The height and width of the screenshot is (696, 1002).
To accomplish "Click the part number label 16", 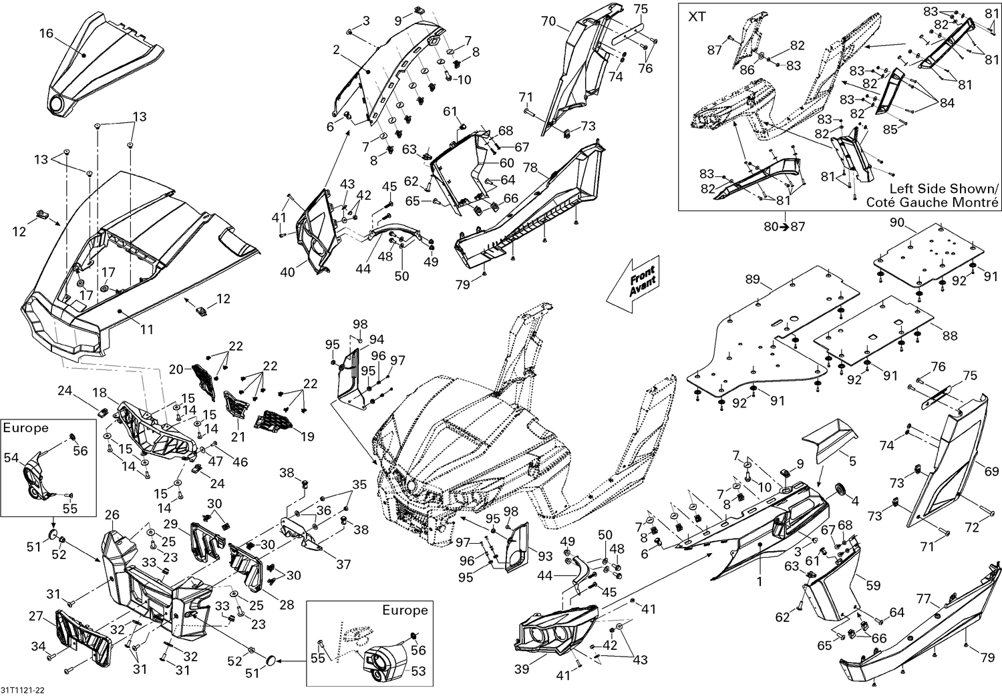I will pyautogui.click(x=45, y=33).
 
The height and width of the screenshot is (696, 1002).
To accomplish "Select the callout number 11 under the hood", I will pyautogui.click(x=146, y=329).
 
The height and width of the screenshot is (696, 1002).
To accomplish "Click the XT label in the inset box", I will pyautogui.click(x=697, y=17).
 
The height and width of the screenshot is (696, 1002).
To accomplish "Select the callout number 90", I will pyautogui.click(x=897, y=222).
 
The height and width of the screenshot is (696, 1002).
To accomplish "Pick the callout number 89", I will pyautogui.click(x=753, y=280).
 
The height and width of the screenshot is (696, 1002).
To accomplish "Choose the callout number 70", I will pyautogui.click(x=548, y=21).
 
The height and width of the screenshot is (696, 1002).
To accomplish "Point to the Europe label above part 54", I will pyautogui.click(x=26, y=428).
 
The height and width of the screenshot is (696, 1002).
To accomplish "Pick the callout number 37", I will pyautogui.click(x=343, y=564).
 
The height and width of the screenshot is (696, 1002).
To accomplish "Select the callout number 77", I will pyautogui.click(x=923, y=598).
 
